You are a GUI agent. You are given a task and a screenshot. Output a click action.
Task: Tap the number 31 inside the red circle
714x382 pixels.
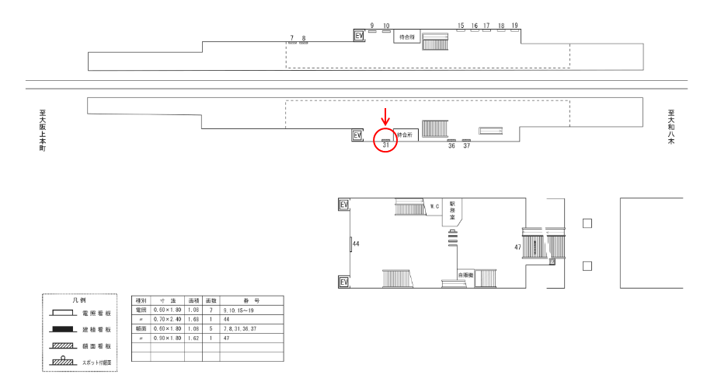(386, 145)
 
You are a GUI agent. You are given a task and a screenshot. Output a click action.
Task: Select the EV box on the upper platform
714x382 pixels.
(358, 36)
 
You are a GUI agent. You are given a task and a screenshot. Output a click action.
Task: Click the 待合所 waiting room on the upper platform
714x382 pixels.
(406, 37)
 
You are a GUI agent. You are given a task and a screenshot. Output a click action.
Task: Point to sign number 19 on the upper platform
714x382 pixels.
(515, 26)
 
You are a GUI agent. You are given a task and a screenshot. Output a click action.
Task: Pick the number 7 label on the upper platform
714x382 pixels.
(291, 37)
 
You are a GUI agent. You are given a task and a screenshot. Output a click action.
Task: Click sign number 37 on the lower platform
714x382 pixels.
(466, 145)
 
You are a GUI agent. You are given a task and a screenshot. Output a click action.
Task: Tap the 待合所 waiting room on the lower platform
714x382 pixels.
(406, 135)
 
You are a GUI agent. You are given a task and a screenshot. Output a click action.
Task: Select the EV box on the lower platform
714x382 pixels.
(357, 135)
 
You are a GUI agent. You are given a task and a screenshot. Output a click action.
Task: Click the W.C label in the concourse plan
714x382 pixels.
(435, 206)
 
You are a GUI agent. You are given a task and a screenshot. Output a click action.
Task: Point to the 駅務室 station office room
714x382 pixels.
(452, 210)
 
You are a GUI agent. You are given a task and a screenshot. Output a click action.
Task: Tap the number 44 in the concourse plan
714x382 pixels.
(356, 244)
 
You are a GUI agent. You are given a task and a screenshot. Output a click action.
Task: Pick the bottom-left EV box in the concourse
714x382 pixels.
(344, 282)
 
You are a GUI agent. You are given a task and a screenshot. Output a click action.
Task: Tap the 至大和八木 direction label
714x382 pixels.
(670, 128)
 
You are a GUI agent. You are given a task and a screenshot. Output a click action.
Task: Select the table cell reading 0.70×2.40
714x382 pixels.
(168, 318)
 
